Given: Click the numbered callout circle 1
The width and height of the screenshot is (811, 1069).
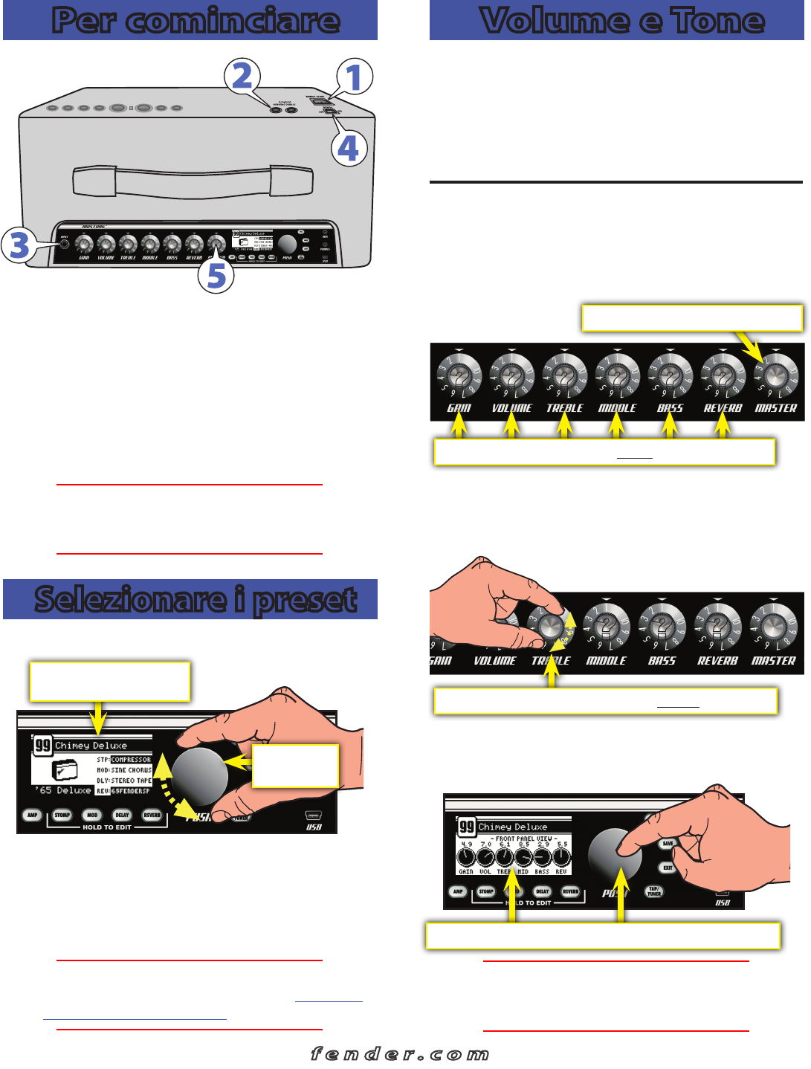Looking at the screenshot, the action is (x=355, y=77).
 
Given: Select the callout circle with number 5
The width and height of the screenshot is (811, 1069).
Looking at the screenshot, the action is (x=216, y=275).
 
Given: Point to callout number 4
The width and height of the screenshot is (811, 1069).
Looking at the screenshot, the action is (x=348, y=148).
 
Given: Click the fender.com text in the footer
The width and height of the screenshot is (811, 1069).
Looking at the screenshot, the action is (x=400, y=1053).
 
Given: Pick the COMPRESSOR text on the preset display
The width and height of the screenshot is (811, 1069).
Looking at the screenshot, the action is (x=131, y=760).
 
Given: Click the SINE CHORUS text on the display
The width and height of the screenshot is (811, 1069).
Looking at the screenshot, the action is (x=131, y=770).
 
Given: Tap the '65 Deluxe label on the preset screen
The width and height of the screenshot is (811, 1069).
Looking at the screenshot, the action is (x=62, y=790).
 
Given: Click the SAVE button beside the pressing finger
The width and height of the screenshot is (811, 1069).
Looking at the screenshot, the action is (x=668, y=844).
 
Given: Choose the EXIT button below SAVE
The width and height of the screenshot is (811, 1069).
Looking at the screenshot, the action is (x=668, y=868).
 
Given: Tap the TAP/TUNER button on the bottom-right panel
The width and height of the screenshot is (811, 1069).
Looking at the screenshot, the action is (x=653, y=891).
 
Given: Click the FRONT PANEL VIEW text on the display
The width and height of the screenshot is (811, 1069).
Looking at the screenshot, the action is (x=523, y=839).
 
